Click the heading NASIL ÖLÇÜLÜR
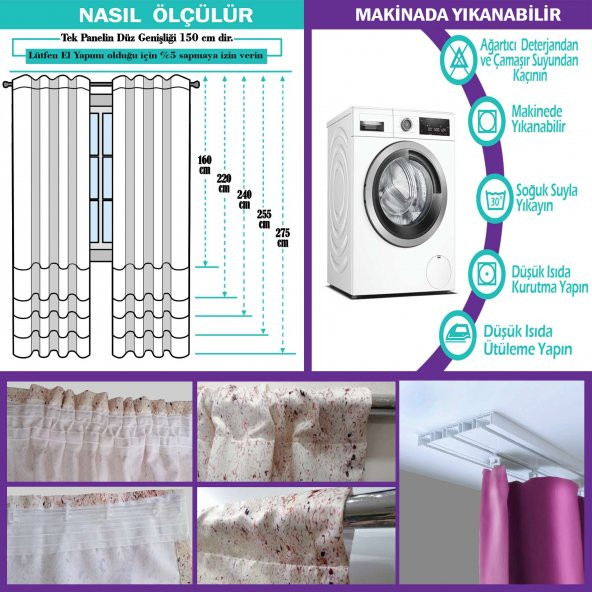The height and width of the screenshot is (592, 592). coord(166,15)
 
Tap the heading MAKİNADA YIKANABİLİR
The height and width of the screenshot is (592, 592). coord(458,15)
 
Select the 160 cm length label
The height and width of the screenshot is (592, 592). coord(205,165)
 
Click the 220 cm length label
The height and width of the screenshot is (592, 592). coord(224,183)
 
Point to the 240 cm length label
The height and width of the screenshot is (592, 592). coord(244,200)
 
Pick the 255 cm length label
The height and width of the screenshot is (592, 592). coord(264,219)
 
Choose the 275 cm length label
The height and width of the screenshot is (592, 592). coord(283,237)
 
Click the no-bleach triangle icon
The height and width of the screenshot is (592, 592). coord(459,60)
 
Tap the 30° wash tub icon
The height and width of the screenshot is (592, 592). coord(495,199)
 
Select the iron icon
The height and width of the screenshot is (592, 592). coord(458,335)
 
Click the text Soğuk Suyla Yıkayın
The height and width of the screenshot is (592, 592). coord(546,198)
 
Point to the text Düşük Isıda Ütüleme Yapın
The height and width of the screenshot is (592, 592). coord(528,340)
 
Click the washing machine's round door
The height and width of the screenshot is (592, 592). coord(406,194)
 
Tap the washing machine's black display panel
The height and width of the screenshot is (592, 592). coord(434,126)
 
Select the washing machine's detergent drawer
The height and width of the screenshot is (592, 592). coord(372,126)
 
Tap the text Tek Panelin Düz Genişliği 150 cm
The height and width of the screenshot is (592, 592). coord(142,38)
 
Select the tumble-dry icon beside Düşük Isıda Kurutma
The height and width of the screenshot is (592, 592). coord(487,274)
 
